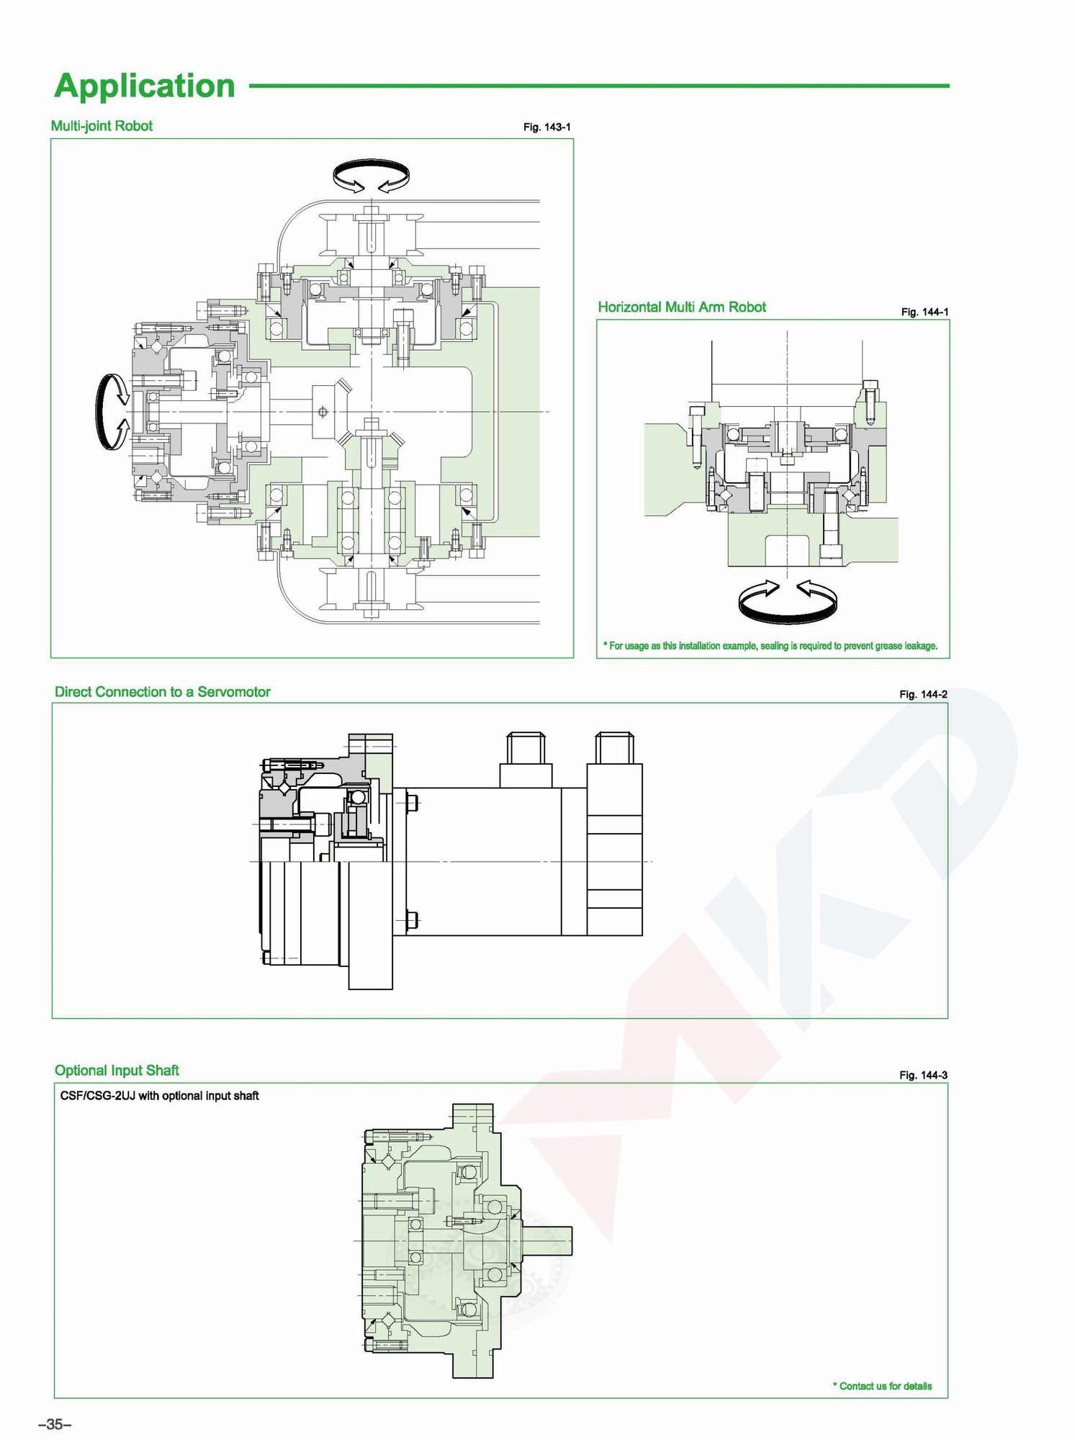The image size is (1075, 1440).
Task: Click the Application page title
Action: point(145,86)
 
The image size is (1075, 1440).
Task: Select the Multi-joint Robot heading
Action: point(102,126)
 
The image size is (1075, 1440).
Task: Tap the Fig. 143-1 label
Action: point(547,127)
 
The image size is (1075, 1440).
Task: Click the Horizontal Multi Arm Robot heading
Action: point(682,307)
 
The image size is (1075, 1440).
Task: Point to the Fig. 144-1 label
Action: point(925,312)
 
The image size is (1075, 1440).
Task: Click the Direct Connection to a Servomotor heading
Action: point(163,692)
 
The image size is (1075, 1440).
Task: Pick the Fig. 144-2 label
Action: point(923,694)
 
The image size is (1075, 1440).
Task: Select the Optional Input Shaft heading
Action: point(117,1071)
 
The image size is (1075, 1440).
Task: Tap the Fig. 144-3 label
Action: point(923,1075)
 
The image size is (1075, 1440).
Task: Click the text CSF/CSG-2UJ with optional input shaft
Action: point(160,1096)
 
